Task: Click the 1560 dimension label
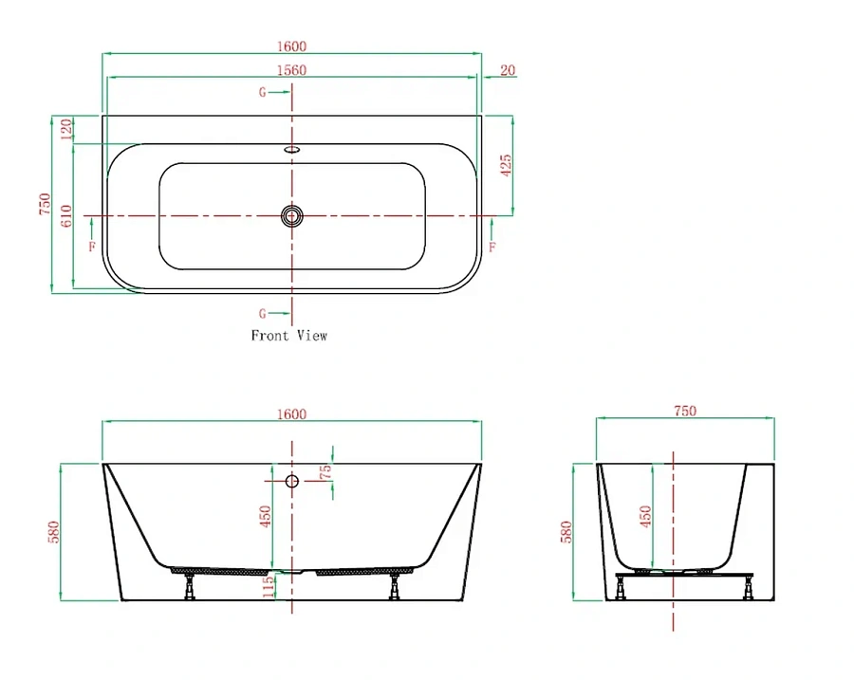click(x=291, y=70)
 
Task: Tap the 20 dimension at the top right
click(x=508, y=70)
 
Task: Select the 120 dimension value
click(x=65, y=130)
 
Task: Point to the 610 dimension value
click(x=65, y=215)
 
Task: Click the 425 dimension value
click(x=506, y=166)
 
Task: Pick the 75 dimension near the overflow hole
click(x=325, y=471)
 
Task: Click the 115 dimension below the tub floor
click(x=268, y=587)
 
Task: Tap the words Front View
click(x=288, y=336)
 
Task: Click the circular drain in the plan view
click(x=292, y=216)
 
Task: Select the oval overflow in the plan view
click(x=292, y=149)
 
